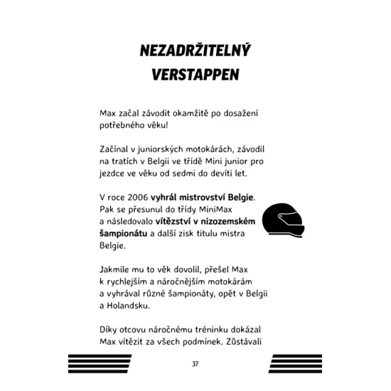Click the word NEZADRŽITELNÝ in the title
click(195, 52)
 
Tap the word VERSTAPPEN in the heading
click(195, 75)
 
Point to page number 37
click(195, 364)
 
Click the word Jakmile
click(117, 270)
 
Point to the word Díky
click(110, 332)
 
